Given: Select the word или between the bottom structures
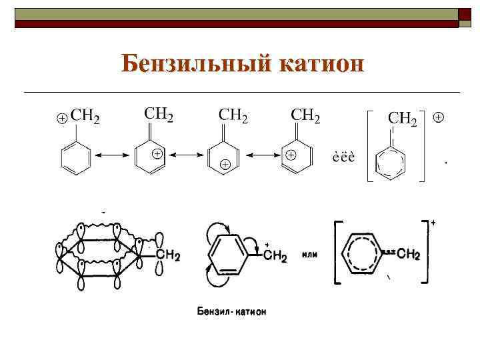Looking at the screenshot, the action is pyautogui.click(x=309, y=254).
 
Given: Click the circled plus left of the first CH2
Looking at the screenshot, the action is pyautogui.click(x=61, y=118).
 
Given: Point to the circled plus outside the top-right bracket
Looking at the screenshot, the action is pyautogui.click(x=439, y=117).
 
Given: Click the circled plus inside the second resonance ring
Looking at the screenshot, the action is pyautogui.click(x=157, y=153).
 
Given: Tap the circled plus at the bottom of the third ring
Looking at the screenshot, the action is pyautogui.click(x=225, y=164).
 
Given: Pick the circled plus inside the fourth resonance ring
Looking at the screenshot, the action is pyautogui.click(x=291, y=154).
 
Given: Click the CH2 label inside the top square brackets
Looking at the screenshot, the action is pyautogui.click(x=403, y=119).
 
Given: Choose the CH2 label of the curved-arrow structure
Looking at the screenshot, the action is pyautogui.click(x=275, y=257).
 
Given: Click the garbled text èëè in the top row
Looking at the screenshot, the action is pyautogui.click(x=343, y=157).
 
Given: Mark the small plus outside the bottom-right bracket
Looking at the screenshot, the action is pyautogui.click(x=433, y=222).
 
